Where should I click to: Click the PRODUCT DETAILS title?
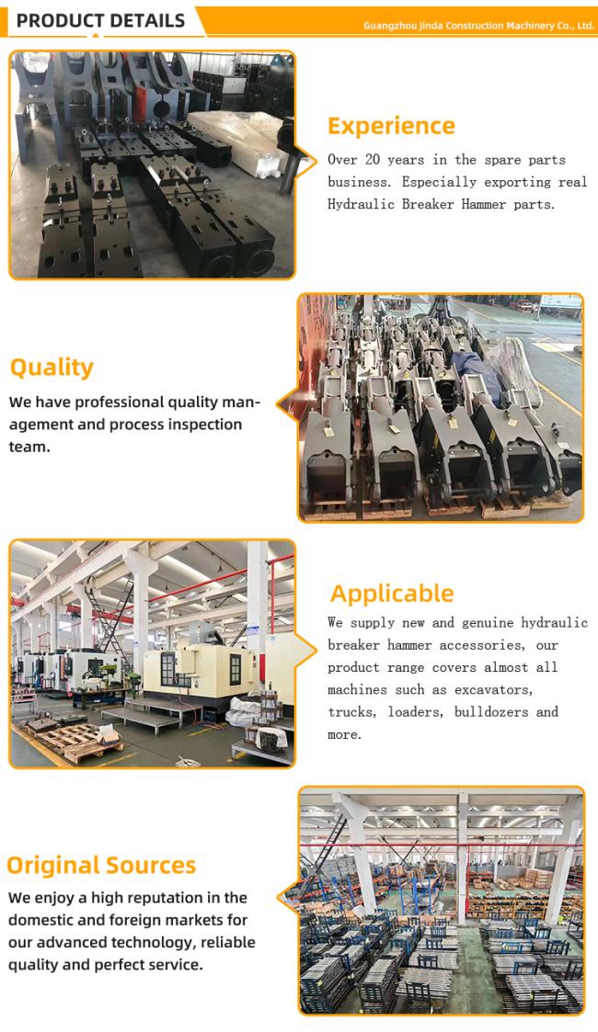tap(101, 20)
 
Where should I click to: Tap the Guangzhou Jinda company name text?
tap(478, 26)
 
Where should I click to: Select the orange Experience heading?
tap(391, 126)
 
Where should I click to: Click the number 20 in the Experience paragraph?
tap(372, 160)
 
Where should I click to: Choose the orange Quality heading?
tap(52, 368)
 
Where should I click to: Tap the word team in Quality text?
tap(29, 447)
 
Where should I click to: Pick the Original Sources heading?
tap(101, 865)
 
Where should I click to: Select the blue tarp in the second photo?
tap(477, 369)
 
